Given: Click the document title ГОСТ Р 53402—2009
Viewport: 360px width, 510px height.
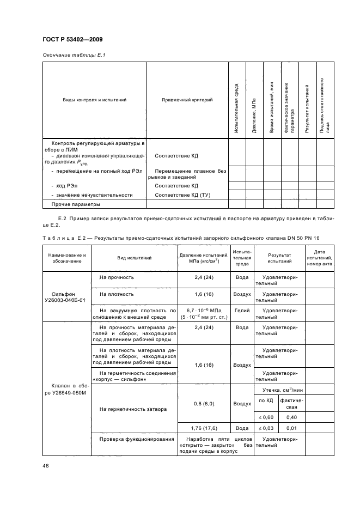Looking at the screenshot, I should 72,40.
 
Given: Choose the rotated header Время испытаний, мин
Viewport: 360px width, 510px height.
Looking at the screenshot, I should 271,107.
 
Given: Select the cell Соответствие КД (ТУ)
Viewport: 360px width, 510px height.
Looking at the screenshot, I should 182,195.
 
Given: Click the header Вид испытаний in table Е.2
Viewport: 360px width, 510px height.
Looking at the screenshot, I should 134,258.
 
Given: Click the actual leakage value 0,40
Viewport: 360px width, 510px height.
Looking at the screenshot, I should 291,417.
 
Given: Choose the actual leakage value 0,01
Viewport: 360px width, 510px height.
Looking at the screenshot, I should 291,428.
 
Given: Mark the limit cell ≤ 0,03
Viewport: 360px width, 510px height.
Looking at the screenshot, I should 266,428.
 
